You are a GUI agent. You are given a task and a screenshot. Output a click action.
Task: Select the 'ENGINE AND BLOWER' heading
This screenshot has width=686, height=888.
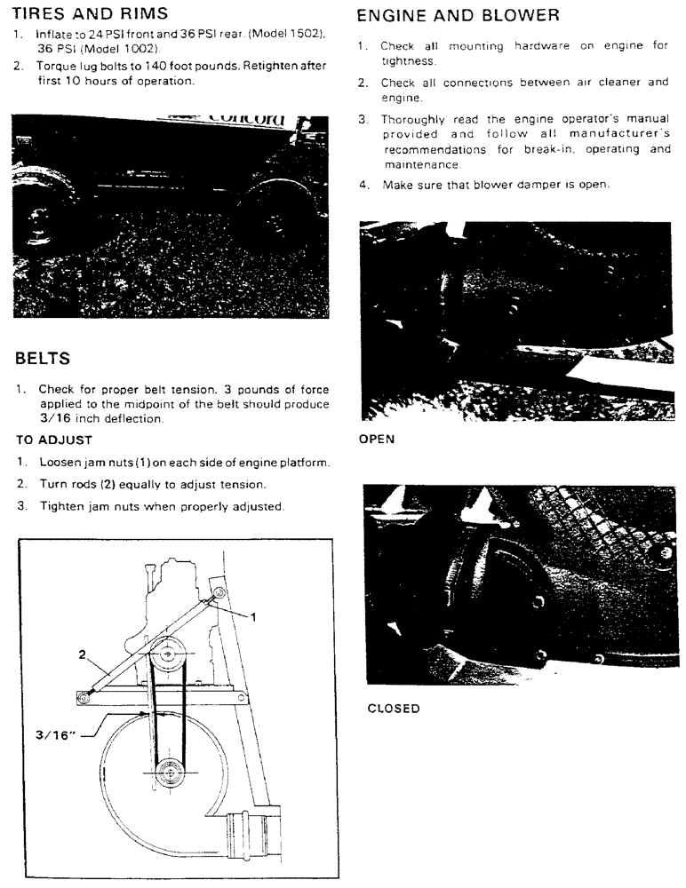point(458,15)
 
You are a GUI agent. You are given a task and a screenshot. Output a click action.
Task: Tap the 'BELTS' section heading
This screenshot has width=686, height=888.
point(52,359)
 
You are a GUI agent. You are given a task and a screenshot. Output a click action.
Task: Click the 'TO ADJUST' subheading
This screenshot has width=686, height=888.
point(54,440)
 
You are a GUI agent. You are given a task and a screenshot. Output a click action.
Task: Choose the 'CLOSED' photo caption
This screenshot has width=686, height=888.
point(394,709)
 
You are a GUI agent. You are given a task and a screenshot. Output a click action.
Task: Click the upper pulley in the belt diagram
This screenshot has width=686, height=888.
point(167,658)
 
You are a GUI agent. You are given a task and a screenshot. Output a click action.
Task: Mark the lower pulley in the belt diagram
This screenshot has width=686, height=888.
point(167,773)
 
